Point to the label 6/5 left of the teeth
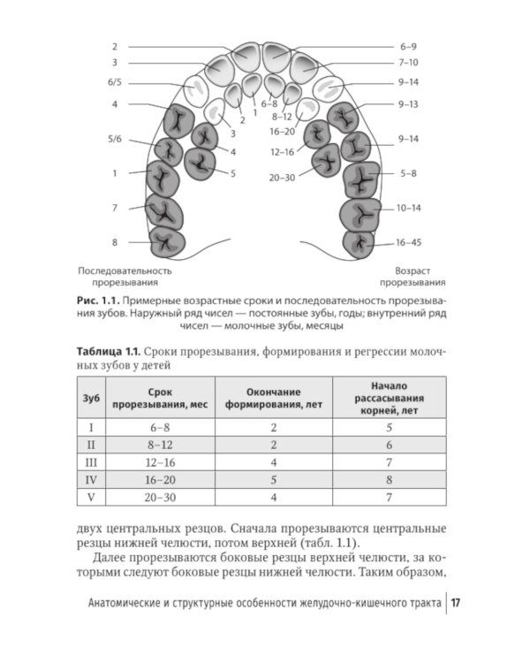click(115, 82)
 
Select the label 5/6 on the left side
click(115, 139)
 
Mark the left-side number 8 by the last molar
click(115, 241)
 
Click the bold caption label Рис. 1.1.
click(97, 301)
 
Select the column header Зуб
click(91, 398)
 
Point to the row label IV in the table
click(90, 480)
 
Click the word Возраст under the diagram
click(413, 271)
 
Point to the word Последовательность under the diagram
click(124, 271)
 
